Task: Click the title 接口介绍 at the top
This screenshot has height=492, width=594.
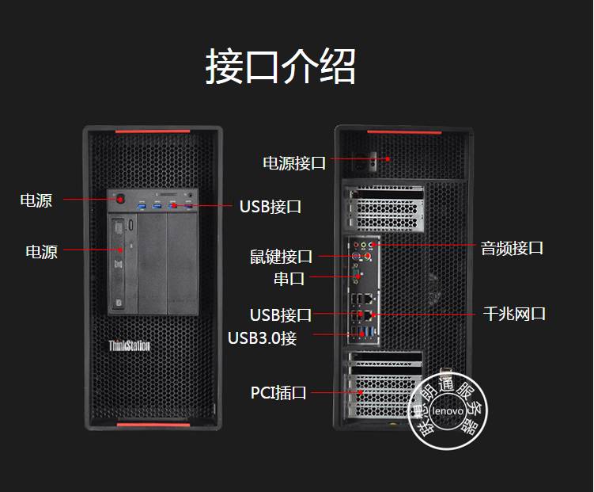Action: coord(281,67)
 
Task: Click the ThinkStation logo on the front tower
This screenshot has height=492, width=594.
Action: coord(129,345)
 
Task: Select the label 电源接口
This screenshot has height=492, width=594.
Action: coord(294,163)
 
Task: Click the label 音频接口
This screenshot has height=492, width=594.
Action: coord(512,247)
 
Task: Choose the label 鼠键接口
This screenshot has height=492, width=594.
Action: coord(282,257)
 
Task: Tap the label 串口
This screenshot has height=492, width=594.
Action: coord(289,278)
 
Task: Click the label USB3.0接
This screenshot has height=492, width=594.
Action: coord(263,338)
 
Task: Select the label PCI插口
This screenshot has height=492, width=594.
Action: coord(278,392)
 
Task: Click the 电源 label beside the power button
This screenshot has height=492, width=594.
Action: coord(36,200)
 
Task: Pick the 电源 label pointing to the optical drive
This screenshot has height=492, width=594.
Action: coord(41,252)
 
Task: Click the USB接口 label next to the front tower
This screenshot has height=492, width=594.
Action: coord(271,207)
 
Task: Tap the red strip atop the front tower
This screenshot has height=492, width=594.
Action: coord(152,131)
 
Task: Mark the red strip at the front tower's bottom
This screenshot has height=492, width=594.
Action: coord(152,425)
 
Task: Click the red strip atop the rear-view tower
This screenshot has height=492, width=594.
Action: coord(403,131)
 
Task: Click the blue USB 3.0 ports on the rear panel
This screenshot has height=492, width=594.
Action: coord(363,331)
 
